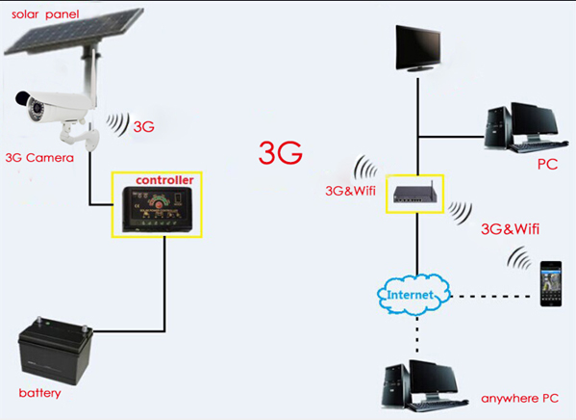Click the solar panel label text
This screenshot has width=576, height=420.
pyautogui.click(x=45, y=14)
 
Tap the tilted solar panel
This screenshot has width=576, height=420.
pyautogui.click(x=73, y=31)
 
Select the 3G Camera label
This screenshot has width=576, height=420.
pyautogui.click(x=39, y=158)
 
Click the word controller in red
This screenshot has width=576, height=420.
pyautogui.click(x=164, y=180)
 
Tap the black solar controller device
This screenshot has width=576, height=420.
pyautogui.click(x=158, y=209)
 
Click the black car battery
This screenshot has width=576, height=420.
pyautogui.click(x=55, y=350)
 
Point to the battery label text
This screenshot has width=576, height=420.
pyautogui.click(x=39, y=393)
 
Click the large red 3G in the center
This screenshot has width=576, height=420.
pyautogui.click(x=281, y=152)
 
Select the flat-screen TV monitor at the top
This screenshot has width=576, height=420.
pyautogui.click(x=418, y=48)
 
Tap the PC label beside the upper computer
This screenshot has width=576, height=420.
pyautogui.click(x=547, y=164)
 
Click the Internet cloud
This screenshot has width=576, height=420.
pyautogui.click(x=413, y=295)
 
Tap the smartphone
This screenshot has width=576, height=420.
pyautogui.click(x=551, y=283)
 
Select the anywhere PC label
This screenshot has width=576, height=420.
pyautogui.click(x=519, y=399)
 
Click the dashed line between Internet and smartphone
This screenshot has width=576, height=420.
pyautogui.click(x=490, y=296)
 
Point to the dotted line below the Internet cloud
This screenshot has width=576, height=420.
pyautogui.click(x=417, y=335)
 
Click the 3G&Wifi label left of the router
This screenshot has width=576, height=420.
pyautogui.click(x=350, y=191)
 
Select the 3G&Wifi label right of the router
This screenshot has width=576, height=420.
pyautogui.click(x=511, y=229)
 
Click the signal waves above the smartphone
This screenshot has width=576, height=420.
pyautogui.click(x=520, y=258)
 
